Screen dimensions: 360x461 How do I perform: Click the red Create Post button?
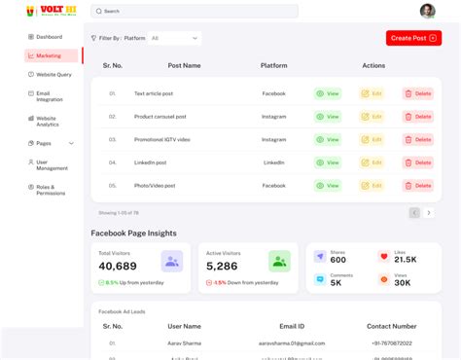tap(413, 38)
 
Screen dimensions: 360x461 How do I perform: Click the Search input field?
tap(195, 11)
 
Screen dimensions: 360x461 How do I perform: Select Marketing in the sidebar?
tap(50, 55)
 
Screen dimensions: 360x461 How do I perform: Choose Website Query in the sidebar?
tap(53, 74)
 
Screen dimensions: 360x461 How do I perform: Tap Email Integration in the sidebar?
tap(50, 96)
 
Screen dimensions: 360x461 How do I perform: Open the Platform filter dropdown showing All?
tap(175, 38)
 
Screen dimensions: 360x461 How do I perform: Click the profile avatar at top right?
tap(427, 11)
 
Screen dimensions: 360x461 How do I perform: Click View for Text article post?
tap(328, 93)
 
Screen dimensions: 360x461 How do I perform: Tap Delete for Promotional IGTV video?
tap(418, 139)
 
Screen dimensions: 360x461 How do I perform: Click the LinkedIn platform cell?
tap(273, 162)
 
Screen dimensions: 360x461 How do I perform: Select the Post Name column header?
tap(184, 65)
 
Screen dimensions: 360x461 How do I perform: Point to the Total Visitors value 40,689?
tap(118, 266)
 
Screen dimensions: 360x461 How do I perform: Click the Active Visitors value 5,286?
tap(222, 266)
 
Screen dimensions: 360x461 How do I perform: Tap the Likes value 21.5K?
tap(406, 260)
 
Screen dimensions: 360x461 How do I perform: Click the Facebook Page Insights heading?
tap(133, 234)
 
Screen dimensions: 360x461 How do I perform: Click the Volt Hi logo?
tap(37, 11)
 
